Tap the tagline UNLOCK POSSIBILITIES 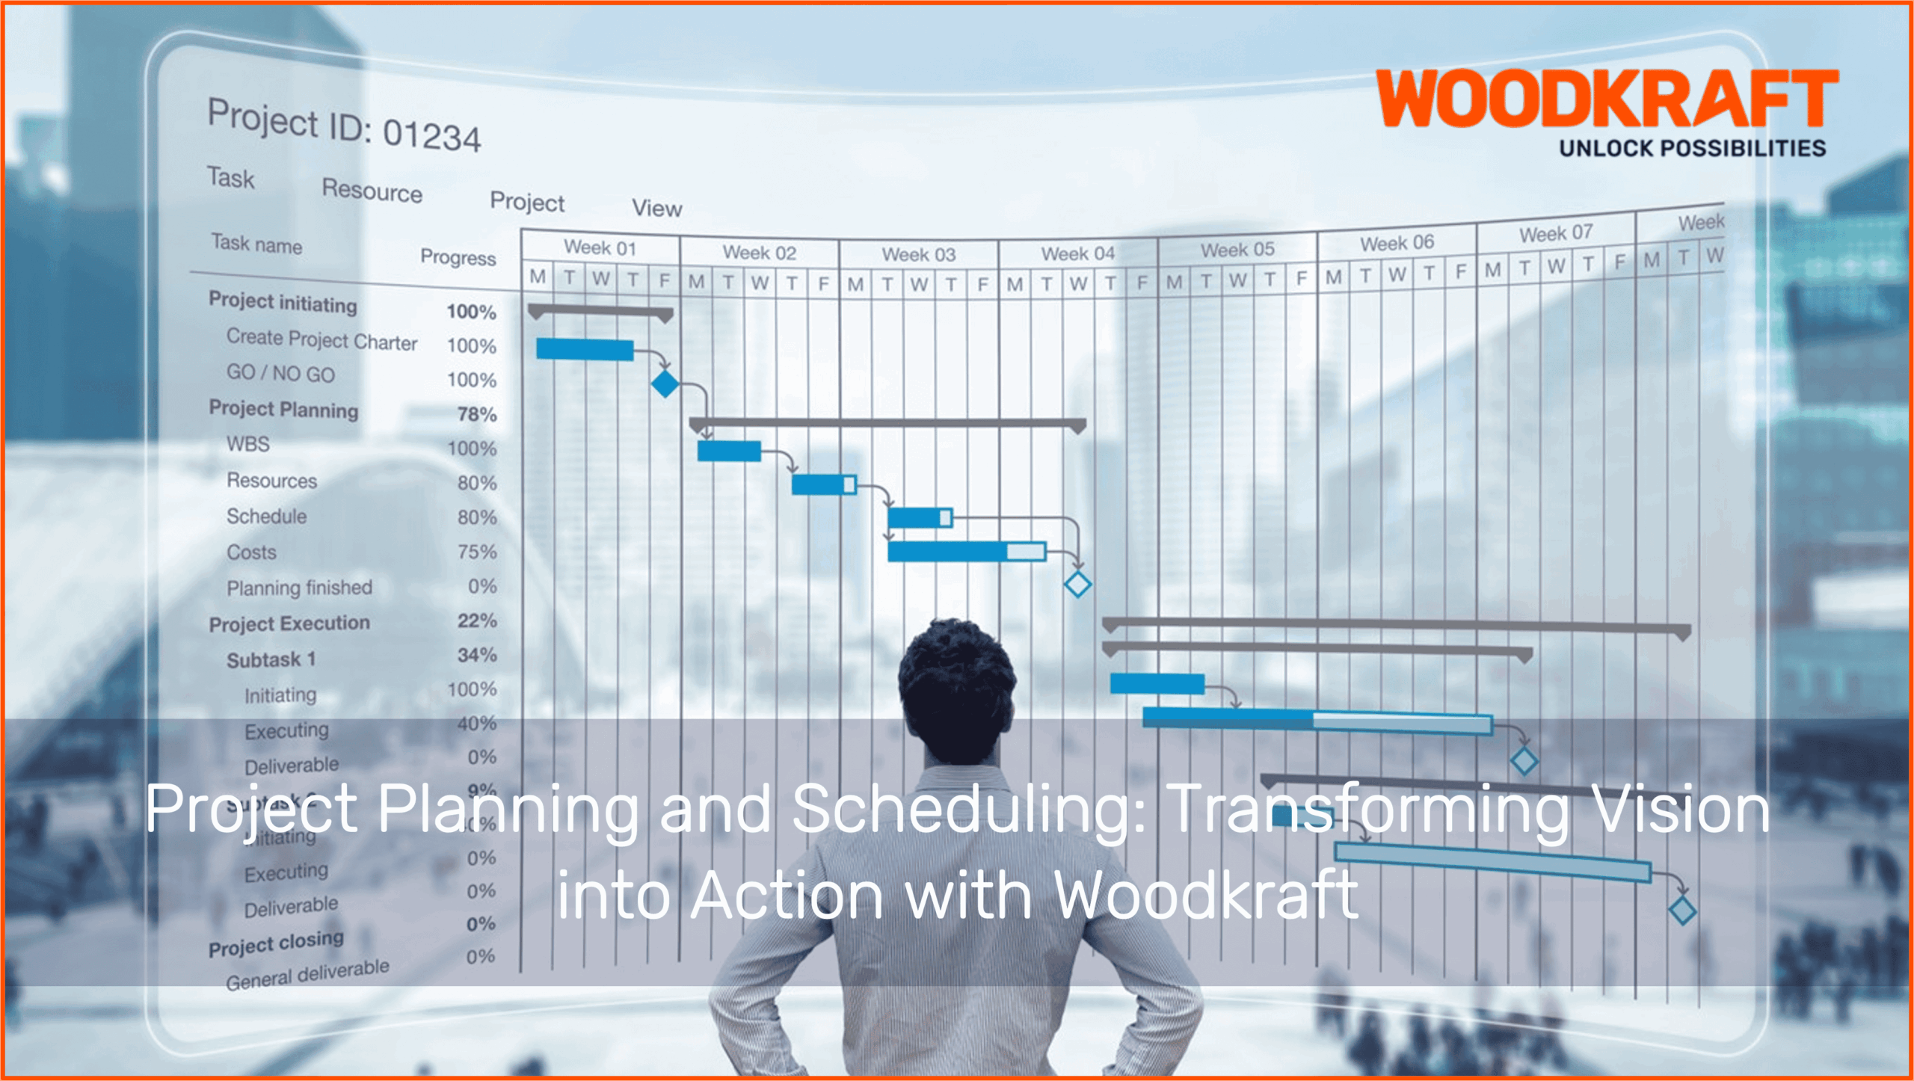(1692, 148)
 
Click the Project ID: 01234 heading (344, 126)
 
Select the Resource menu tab (372, 191)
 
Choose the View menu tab (656, 208)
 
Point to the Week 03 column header (918, 254)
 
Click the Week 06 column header (1396, 243)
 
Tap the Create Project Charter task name (321, 340)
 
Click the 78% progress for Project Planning (477, 414)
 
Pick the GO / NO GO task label (280, 373)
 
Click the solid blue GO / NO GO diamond (665, 384)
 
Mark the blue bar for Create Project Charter (585, 349)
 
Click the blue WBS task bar (729, 451)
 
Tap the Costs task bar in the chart (966, 552)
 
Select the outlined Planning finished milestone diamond (1077, 584)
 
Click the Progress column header (458, 257)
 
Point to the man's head (956, 688)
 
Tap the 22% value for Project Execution (477, 620)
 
